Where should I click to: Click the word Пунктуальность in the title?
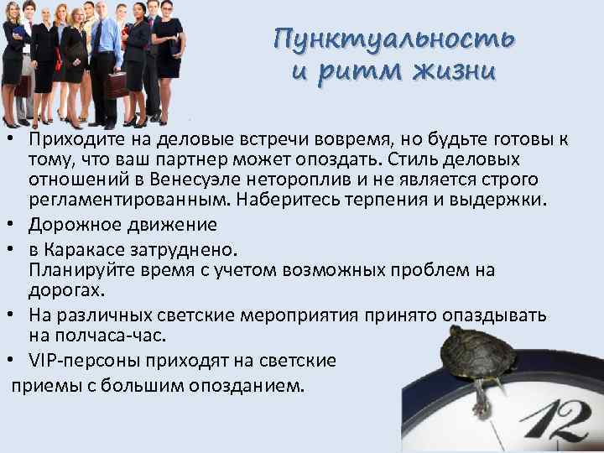[394, 39]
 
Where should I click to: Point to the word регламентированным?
[129, 201]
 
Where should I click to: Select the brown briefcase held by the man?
[115, 83]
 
